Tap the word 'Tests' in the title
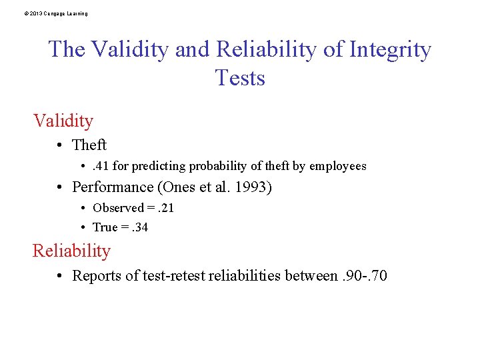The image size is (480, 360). pos(240,78)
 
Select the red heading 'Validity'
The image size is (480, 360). pos(63,121)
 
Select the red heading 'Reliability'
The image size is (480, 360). pos(71,251)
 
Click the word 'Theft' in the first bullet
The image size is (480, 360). pos(89,145)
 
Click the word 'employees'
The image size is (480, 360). pos(339,166)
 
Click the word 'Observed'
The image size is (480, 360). pos(118,208)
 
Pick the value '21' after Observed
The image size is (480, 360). pos(167,208)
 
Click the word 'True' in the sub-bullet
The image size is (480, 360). pos(105,227)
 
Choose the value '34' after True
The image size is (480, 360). pos(141,227)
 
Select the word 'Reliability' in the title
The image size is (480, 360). pos(277,49)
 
